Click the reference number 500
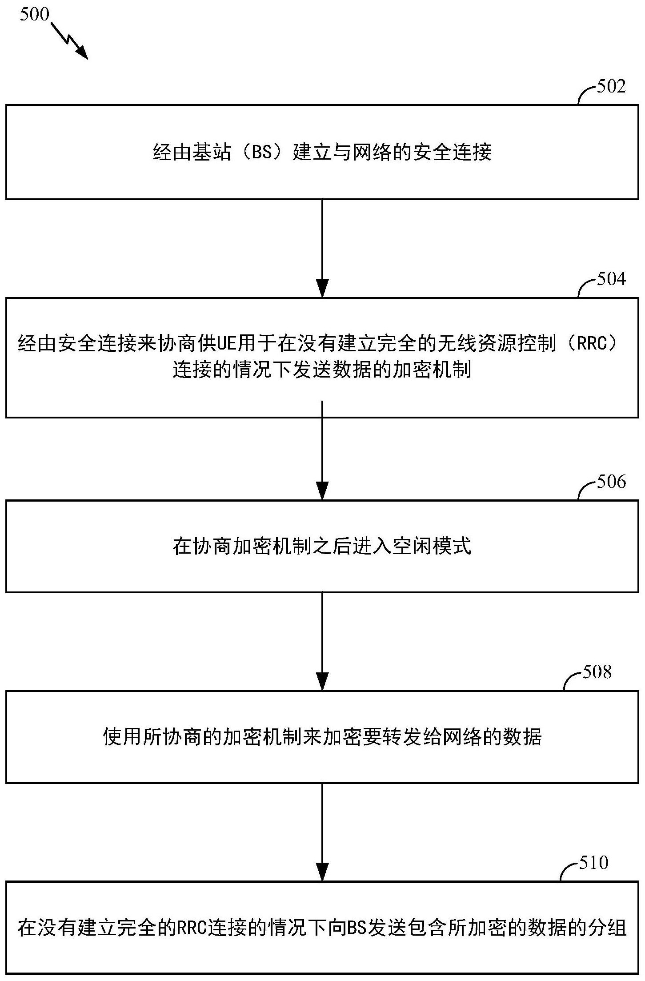point(34,14)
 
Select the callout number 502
point(611,86)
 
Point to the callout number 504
point(611,279)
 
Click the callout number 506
point(611,482)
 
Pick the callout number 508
point(597,672)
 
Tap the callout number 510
point(593,863)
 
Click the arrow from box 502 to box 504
point(322,248)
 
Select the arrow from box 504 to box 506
point(322,450)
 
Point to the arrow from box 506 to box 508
point(322,641)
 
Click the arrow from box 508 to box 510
point(322,832)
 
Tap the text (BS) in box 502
point(262,153)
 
